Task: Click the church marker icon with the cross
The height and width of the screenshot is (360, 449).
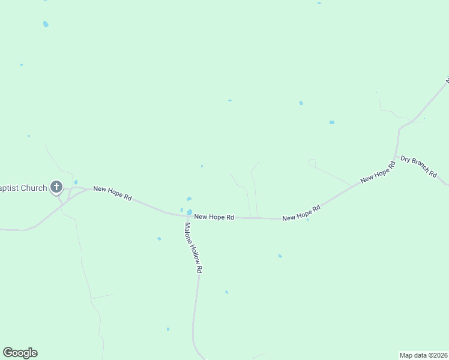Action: pos(56,187)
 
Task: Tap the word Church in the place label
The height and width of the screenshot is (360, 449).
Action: pos(34,188)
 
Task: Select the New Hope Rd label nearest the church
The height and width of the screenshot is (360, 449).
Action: pos(112,193)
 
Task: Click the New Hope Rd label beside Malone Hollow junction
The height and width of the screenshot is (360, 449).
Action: pos(214,217)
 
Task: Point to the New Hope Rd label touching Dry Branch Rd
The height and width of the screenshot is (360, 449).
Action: pos(378,172)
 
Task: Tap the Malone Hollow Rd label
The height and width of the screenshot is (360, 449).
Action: pos(192,248)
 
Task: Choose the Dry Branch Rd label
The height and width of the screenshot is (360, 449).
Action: pos(419,166)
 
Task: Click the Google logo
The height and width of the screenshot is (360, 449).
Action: pos(20,353)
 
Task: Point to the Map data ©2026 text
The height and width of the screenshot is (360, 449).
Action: pos(424,355)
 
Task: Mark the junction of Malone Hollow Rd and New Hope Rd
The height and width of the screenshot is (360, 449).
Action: pos(187,215)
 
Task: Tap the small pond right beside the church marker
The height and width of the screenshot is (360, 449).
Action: pos(76,182)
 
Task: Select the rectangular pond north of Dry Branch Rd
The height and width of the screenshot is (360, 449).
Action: pos(331,122)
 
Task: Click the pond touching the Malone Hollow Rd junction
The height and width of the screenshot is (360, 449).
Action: pos(190,212)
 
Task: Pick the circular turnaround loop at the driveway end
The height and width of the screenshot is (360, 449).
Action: pos(312,162)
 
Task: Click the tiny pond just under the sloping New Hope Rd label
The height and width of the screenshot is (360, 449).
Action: pos(307,220)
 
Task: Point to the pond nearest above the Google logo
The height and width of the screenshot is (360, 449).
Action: pos(167,329)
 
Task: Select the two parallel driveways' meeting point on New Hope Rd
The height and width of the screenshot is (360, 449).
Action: pos(254,218)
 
